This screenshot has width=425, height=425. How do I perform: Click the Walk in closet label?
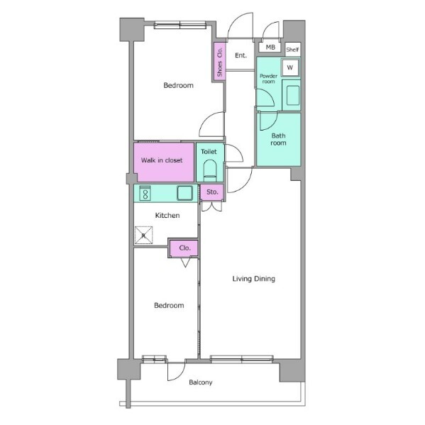point(162,160)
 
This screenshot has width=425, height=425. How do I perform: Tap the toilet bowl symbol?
point(210,170)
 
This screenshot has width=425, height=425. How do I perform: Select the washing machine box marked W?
point(290,67)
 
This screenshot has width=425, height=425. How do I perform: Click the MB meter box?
point(270,47)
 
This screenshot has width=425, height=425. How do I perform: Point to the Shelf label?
point(292,50)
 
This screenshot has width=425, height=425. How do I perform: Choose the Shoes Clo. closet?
point(219,62)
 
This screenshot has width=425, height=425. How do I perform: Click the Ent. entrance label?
point(241,55)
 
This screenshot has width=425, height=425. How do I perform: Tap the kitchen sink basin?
point(185,193)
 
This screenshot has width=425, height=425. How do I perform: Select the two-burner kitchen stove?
point(145,193)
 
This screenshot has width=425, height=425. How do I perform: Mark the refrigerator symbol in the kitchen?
point(143,235)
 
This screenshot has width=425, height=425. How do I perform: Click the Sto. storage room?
point(212,192)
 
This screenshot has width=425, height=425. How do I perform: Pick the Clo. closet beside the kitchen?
point(184,248)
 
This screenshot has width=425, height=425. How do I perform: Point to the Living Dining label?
point(254,279)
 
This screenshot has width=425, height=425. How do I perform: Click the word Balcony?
point(201,382)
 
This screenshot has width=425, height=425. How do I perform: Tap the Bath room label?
point(278,139)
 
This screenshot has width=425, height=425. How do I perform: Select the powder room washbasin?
point(293,95)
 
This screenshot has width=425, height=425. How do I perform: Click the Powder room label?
point(268,79)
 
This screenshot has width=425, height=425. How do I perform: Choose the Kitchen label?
point(167,216)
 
